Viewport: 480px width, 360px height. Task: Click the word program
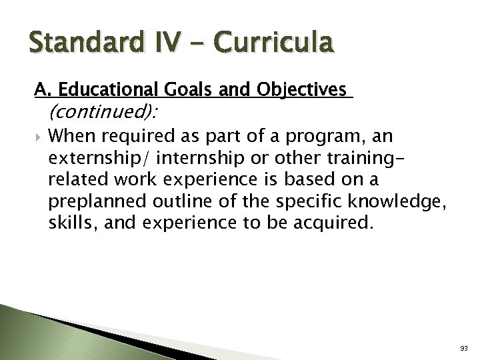[x=333, y=137]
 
